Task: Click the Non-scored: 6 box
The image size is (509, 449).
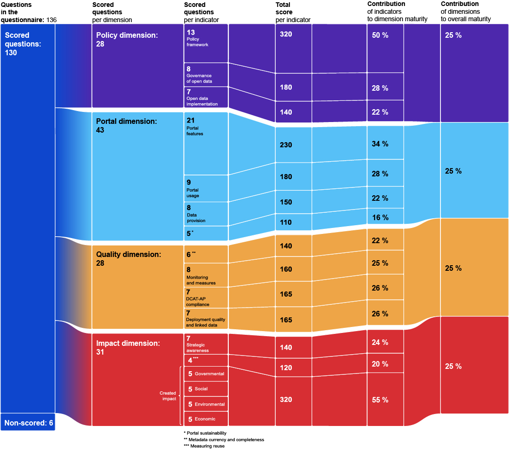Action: click(28, 422)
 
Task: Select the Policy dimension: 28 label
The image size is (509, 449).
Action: click(127, 40)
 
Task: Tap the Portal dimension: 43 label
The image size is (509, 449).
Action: click(127, 126)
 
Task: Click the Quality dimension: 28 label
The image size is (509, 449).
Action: click(128, 258)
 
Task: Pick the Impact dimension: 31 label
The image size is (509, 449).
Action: click(127, 348)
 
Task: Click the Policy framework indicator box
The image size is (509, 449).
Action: click(206, 43)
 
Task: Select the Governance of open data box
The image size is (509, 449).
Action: click(206, 75)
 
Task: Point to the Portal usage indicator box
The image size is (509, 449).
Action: click(206, 188)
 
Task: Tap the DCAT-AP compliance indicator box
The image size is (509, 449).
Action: click(206, 297)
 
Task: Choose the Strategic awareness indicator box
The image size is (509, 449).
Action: click(206, 344)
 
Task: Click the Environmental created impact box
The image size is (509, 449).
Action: click(206, 404)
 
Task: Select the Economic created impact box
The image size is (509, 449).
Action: click(206, 419)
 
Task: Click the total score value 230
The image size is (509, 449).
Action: click(286, 145)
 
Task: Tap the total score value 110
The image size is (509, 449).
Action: click(286, 222)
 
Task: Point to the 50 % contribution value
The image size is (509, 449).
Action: click(380, 35)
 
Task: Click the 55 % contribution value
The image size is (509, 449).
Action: click(380, 400)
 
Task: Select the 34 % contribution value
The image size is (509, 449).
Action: click(380, 144)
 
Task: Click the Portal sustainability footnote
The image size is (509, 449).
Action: click(206, 433)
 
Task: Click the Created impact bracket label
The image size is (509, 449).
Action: click(168, 396)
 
